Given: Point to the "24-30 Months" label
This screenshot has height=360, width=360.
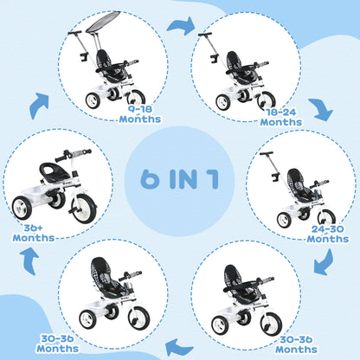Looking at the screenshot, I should pos(327,235).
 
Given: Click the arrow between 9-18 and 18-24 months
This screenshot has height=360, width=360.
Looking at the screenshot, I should pos(181,26).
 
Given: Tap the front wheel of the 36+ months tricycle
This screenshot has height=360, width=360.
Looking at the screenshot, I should pos(83,208).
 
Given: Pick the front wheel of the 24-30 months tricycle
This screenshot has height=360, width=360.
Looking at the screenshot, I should pos(323,218).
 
